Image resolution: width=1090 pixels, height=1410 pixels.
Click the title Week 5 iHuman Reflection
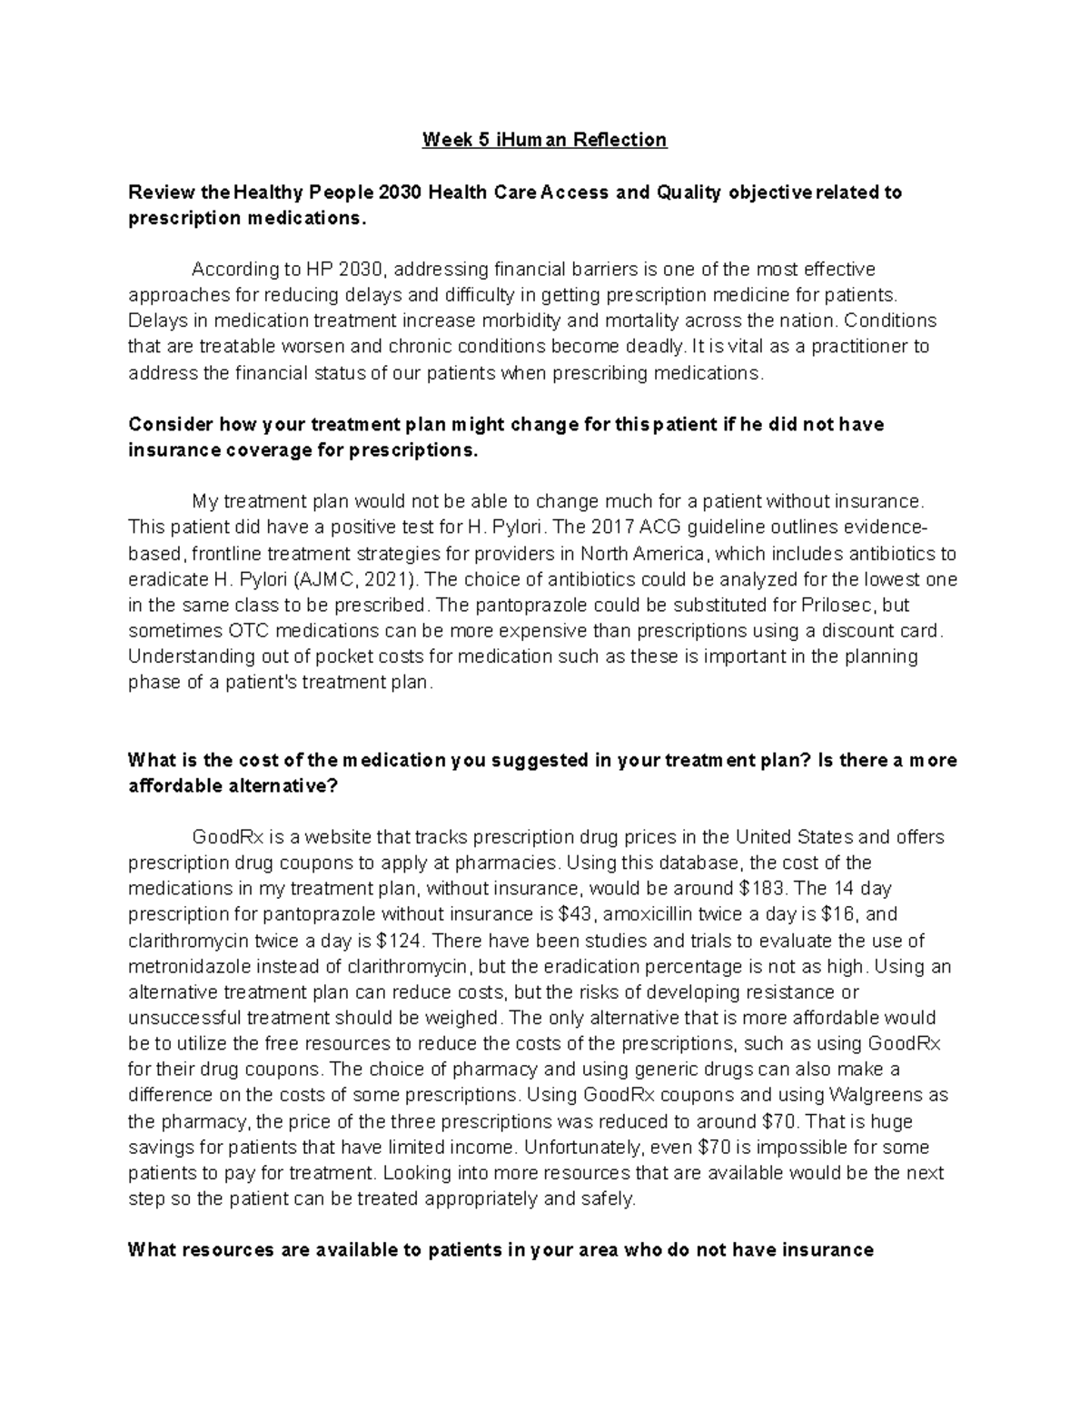544,140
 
